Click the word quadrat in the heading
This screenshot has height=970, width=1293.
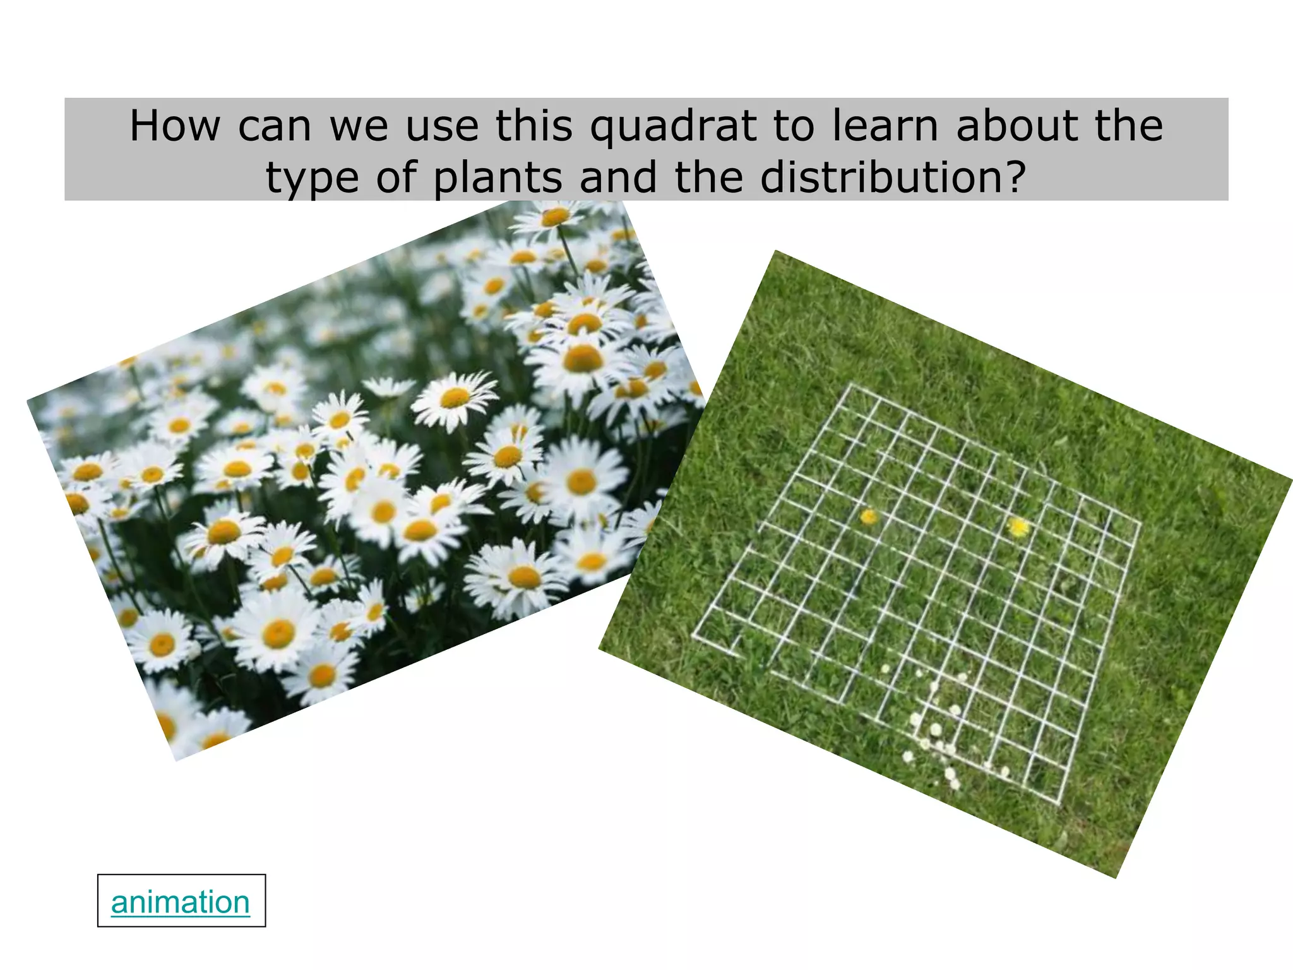pos(673,126)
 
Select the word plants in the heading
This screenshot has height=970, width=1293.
pos(498,177)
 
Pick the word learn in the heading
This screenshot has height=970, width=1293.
pos(884,126)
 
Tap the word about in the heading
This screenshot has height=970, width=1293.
pos(1016,126)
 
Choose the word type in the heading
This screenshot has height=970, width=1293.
pos(313,179)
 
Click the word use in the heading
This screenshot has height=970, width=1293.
pos(441,126)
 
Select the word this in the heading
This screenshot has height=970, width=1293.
pos(534,126)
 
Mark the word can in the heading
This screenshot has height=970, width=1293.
pos(275,126)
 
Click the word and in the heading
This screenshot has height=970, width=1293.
pos(617,177)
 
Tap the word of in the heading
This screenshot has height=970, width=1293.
pos(396,177)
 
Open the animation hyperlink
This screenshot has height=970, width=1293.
pos(181,902)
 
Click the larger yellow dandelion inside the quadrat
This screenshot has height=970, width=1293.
pos(1018,527)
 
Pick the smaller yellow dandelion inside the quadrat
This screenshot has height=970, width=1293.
pos(869,517)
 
